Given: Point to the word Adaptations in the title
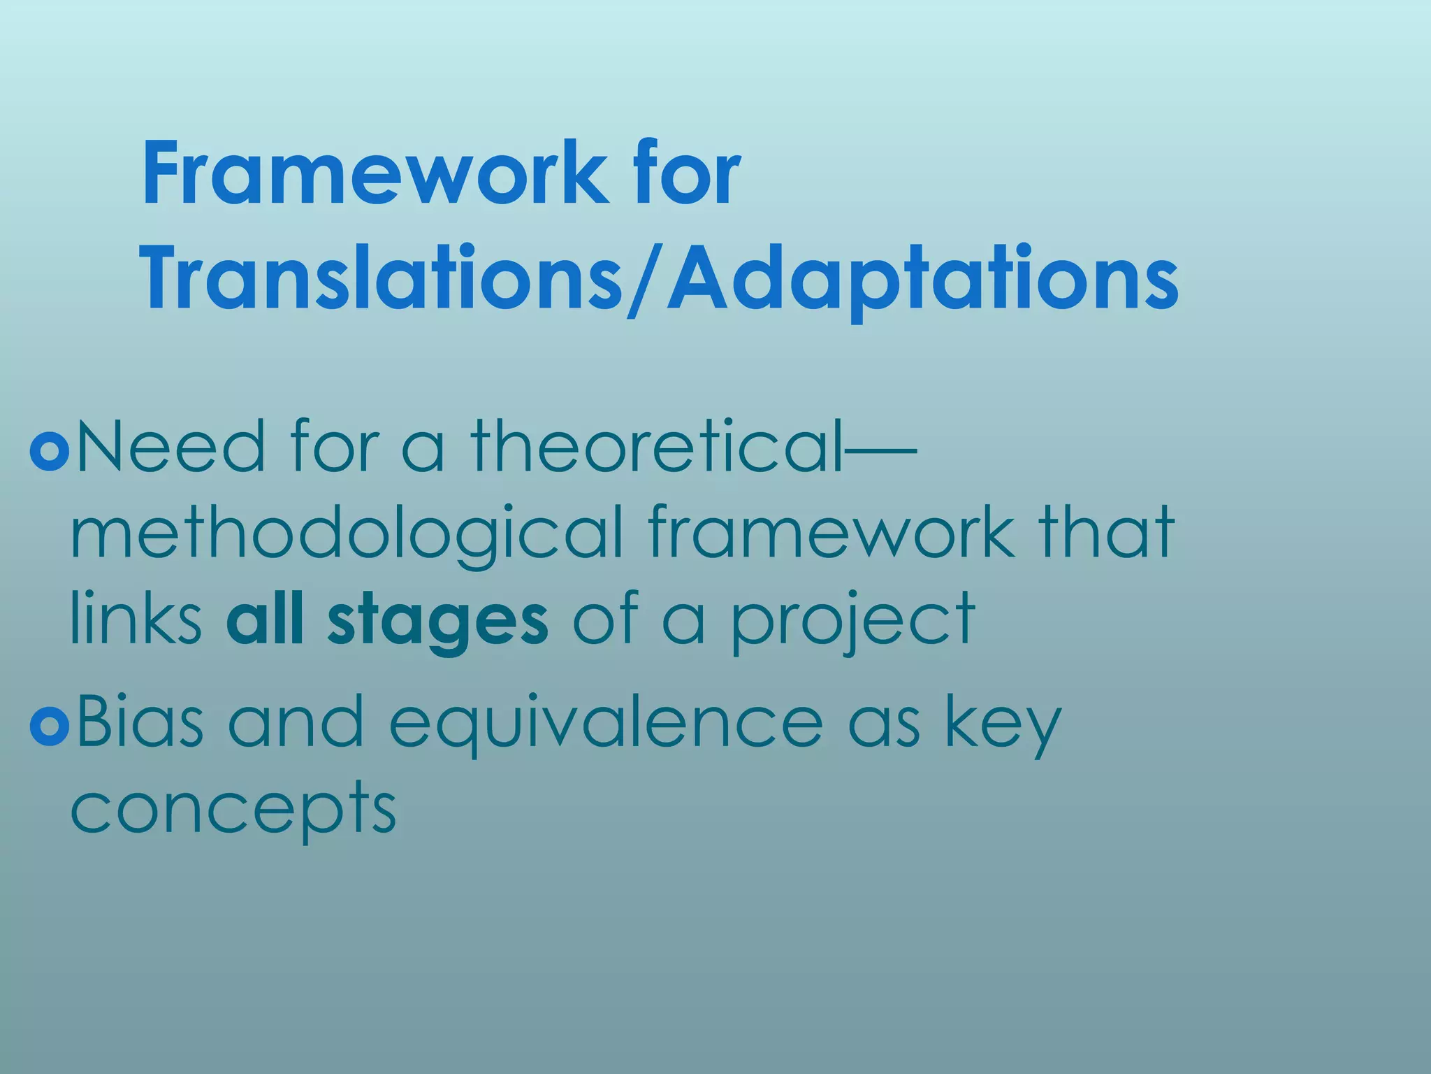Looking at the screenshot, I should click(x=922, y=280).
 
